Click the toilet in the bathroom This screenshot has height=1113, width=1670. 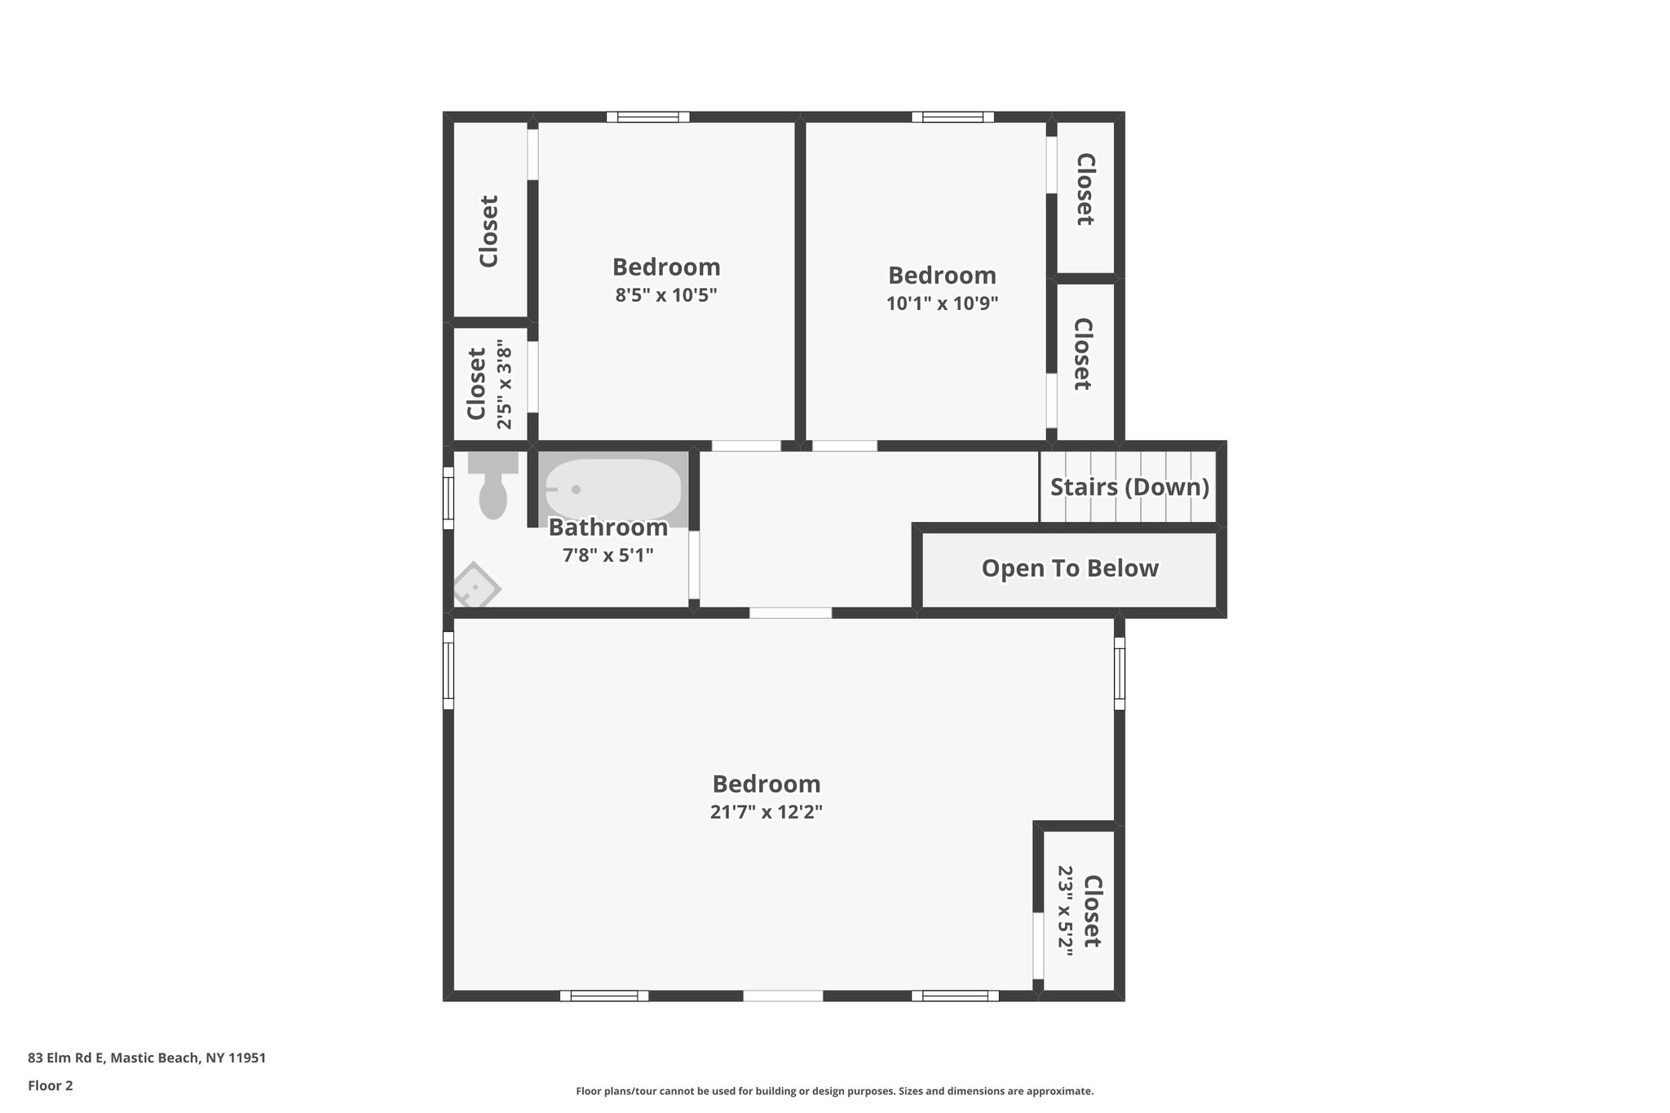[x=493, y=490]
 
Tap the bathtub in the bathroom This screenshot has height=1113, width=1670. [x=612, y=488]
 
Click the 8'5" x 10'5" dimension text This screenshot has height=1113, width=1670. [x=665, y=294]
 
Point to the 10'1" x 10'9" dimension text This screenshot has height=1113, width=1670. [x=942, y=303]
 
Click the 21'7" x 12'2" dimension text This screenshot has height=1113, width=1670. [x=766, y=812]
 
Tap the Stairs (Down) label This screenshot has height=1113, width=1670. [x=1129, y=487]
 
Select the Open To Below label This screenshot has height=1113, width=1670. [x=1070, y=568]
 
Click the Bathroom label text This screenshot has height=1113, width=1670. [x=607, y=528]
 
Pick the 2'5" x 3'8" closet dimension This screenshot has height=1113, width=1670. [x=505, y=388]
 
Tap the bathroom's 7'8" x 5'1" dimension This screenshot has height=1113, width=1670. [x=607, y=555]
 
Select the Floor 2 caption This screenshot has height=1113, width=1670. [x=51, y=1085]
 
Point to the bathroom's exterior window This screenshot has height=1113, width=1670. [x=448, y=497]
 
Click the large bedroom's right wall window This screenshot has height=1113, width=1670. [x=1120, y=674]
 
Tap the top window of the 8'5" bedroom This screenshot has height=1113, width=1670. [x=648, y=117]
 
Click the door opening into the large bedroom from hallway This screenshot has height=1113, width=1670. [x=790, y=612]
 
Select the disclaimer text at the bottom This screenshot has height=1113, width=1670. [x=834, y=1091]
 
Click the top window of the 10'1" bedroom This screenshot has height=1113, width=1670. [x=952, y=117]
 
